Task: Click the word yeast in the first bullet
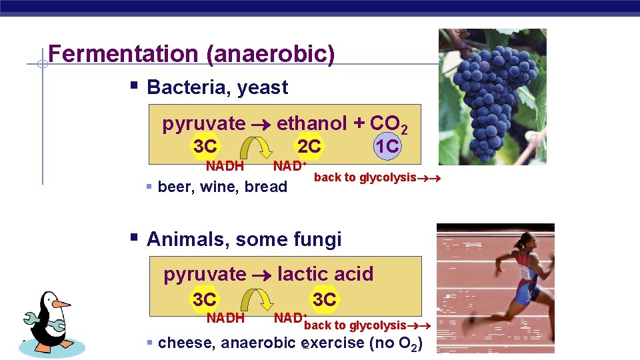(263, 87)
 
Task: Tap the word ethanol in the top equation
(311, 123)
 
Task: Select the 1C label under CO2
(387, 146)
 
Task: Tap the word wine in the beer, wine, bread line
(219, 187)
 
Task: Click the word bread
(265, 187)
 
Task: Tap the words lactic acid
(325, 274)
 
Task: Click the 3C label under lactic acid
(324, 299)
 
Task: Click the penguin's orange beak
(61, 304)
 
